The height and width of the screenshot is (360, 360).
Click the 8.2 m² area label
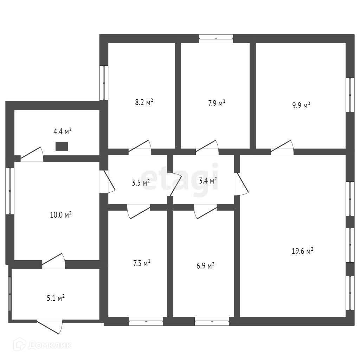144,103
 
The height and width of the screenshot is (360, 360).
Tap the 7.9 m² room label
217,103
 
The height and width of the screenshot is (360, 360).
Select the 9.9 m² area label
301,105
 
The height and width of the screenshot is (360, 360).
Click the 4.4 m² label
62,132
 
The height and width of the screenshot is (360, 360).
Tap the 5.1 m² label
56,298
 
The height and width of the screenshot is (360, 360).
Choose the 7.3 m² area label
142,263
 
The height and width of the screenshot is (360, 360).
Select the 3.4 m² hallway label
208,181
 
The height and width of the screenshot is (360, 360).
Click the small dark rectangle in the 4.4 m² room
62,146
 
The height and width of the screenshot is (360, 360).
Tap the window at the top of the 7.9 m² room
216,38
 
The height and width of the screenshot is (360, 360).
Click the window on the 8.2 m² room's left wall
104,83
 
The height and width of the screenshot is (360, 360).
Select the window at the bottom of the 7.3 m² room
146,321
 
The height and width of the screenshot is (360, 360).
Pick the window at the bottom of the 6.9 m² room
212,321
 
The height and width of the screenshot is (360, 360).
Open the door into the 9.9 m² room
282,148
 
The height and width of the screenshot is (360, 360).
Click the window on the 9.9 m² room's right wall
350,95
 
